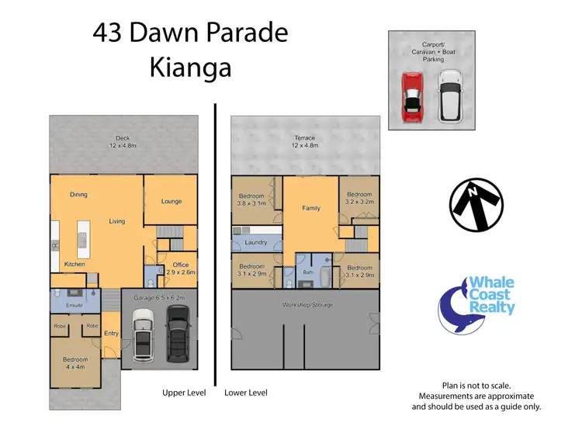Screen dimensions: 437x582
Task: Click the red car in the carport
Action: pos(411,95)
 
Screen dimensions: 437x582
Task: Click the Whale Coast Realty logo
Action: pos(477,303)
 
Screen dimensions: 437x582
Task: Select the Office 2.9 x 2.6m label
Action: pos(180,269)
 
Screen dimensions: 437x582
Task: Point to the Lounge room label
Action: pos(171,202)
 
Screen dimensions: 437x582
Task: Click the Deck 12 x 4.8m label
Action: pos(123,141)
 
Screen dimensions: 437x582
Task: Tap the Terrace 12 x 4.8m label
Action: pos(305,141)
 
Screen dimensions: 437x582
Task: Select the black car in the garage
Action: pos(178,331)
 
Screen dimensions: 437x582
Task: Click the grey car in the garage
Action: pos(144,334)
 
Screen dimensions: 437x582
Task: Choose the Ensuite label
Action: pos(74,305)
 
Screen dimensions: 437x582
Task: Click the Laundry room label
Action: pos(255,243)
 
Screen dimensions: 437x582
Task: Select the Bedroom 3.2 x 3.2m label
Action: pos(359,198)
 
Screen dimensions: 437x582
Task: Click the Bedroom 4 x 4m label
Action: pos(76,362)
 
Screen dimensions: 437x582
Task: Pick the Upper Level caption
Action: pos(184,393)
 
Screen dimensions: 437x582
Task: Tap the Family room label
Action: pos(311,208)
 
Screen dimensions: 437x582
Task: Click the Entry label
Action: pos(111,333)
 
